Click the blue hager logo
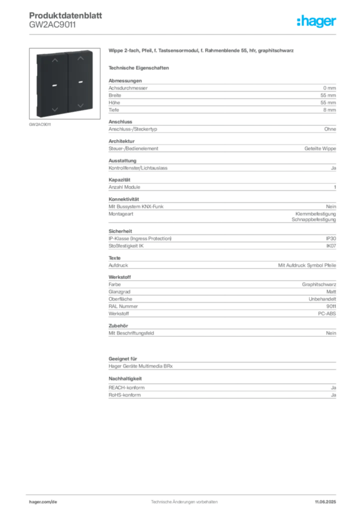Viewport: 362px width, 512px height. (x=317, y=21)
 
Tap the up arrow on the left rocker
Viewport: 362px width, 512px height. (x=55, y=60)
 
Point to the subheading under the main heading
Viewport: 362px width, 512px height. (x=140, y=67)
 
